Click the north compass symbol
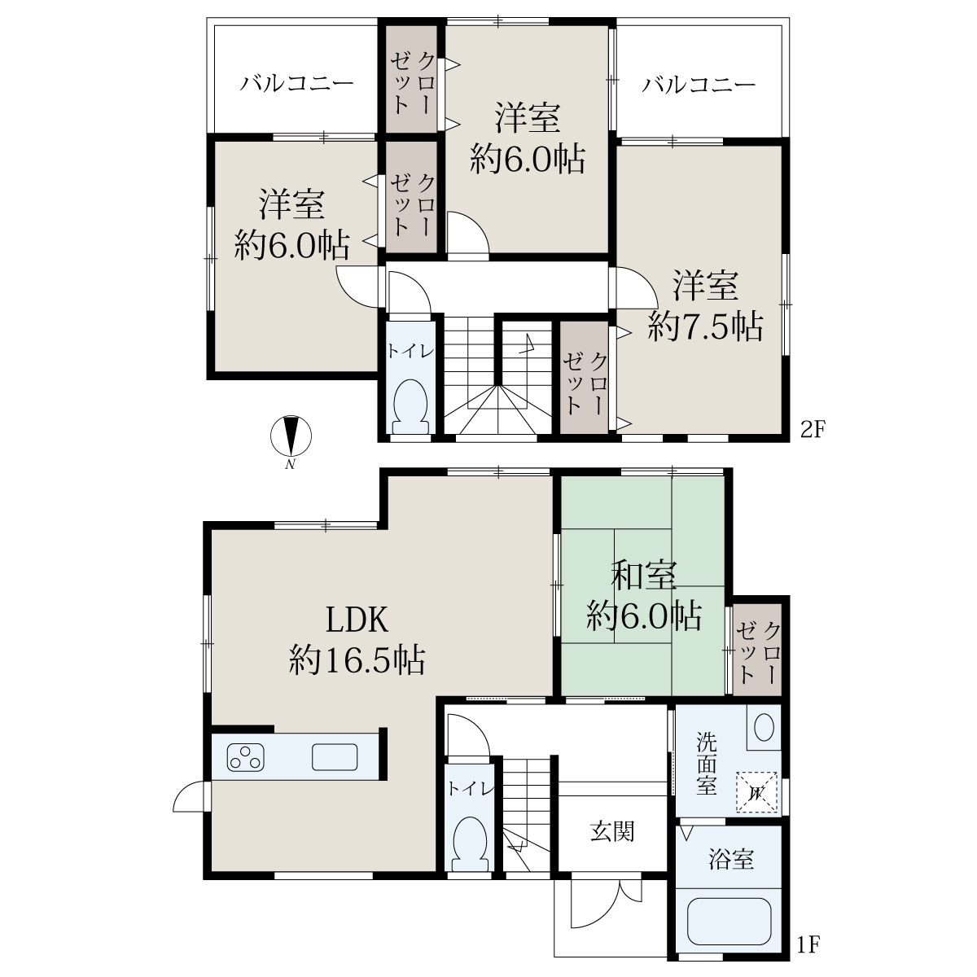coord(291,436)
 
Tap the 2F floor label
coord(813,431)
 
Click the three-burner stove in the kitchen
coord(246,757)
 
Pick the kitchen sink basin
coord(334,757)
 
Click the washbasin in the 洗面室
coord(764,729)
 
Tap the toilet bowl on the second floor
coord(410,405)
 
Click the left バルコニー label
coord(296,84)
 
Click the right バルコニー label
coord(699,84)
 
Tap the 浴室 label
coord(731,860)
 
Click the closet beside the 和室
coord(757,650)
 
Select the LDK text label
coord(357,620)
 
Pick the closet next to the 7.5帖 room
coord(584,378)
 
